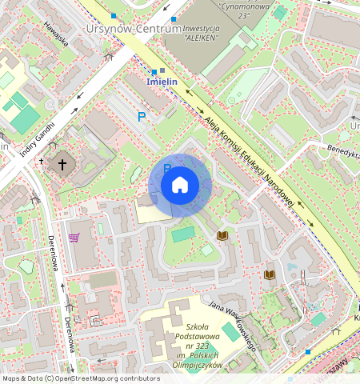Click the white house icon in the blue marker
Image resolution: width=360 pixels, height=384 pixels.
(180, 185)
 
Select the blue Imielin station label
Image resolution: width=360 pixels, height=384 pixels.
(162, 82)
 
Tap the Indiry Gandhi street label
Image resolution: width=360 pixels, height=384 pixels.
(37, 128)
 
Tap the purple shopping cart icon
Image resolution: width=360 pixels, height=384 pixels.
(74, 238)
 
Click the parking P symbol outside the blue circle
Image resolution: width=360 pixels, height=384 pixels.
(142, 117)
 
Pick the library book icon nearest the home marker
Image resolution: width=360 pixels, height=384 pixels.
(222, 235)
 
